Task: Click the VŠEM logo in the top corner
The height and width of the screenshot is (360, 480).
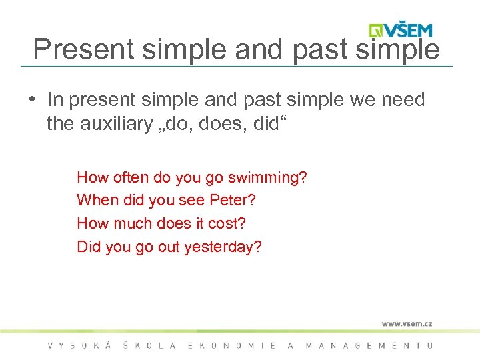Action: (401, 29)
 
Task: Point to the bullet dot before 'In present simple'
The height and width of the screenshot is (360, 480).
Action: (31, 100)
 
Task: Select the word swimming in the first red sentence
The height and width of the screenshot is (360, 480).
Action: (267, 177)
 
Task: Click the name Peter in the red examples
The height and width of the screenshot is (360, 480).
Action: (229, 200)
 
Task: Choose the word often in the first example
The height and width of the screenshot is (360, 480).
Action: (131, 177)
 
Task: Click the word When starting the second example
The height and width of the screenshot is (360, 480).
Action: (96, 200)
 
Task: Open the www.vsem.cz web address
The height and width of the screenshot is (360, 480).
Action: (407, 323)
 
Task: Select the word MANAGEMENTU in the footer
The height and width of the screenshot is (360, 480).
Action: (369, 345)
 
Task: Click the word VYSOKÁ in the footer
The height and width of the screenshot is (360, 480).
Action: (77, 345)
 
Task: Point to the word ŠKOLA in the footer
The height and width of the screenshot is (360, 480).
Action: (149, 345)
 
